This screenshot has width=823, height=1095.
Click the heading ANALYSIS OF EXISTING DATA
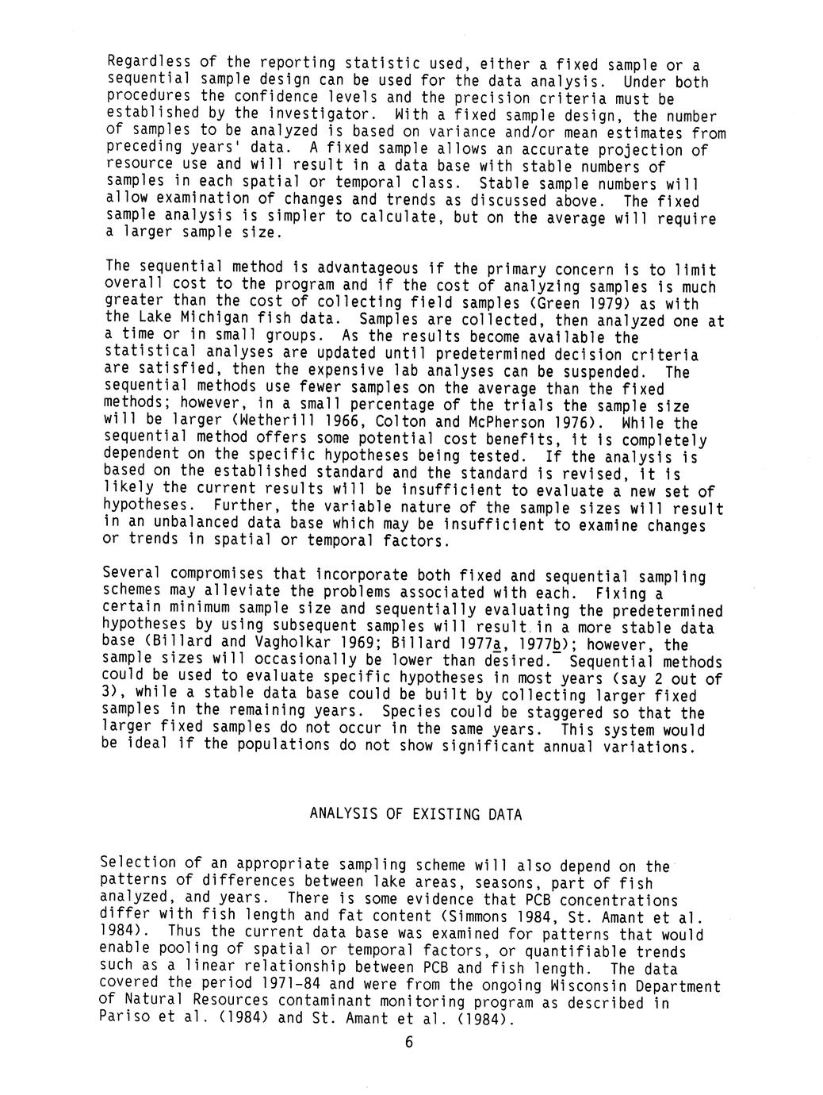pos(415,814)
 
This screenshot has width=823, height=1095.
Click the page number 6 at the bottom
pos(409,1043)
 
